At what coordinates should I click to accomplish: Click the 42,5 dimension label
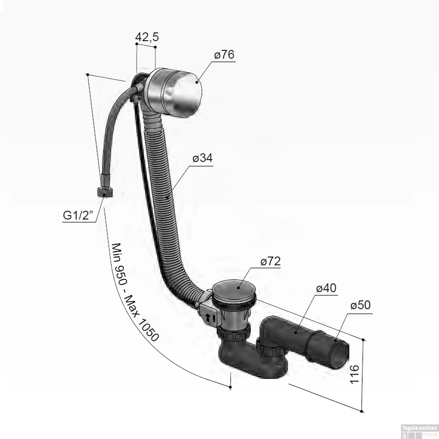pos(147,37)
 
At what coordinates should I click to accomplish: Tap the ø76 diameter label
pos(224,55)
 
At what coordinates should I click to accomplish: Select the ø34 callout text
pos(203,158)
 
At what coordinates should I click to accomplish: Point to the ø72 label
pos(270,261)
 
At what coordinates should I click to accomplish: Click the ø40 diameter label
pos(326,288)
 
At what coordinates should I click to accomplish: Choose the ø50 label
pos(360,305)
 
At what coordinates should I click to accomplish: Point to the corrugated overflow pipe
pos(164,190)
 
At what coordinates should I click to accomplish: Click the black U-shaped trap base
pos(252,363)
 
